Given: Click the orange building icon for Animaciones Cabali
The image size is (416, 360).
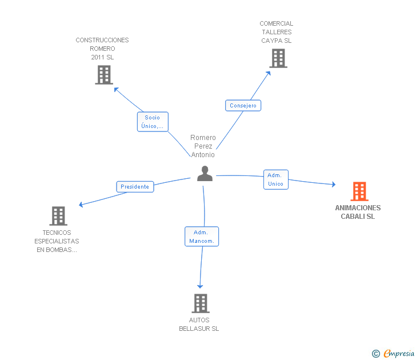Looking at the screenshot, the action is point(359,191).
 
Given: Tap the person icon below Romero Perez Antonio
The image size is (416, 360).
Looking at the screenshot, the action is point(205,174).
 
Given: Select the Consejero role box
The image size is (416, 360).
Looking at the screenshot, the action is point(243,106).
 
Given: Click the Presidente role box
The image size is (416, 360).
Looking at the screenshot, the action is point(135,187).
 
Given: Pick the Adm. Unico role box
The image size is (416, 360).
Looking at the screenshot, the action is point(276,179).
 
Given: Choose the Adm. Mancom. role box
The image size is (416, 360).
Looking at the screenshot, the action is point(202,237).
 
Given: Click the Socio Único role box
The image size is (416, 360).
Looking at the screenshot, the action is point(153,122).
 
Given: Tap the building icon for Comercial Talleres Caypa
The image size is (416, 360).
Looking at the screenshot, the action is point(278,58).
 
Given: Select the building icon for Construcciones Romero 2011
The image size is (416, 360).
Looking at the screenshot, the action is point(104,75).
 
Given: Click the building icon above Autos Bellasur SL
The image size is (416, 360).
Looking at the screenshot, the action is point(201,303).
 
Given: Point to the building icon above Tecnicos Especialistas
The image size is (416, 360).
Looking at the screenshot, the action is point(58,216).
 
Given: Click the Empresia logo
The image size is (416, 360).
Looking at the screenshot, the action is point(399,353).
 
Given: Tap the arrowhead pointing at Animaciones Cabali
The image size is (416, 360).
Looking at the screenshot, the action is point(334,184).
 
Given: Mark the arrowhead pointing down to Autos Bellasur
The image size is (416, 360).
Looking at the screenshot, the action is point(200,286).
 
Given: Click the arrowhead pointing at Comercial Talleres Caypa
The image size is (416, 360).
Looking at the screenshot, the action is point(269,73).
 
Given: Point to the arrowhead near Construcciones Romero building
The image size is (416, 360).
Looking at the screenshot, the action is point(116,89).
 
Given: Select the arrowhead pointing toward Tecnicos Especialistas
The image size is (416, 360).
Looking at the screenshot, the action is point(81,205).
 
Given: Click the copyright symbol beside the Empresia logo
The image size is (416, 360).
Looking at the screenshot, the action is point(376,354).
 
